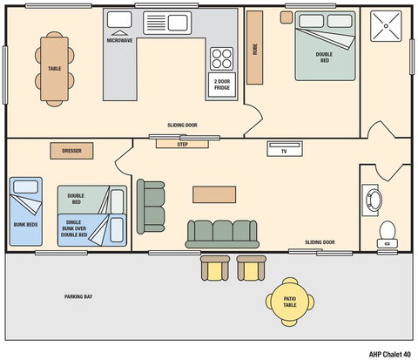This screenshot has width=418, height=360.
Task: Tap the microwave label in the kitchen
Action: pos(119,40)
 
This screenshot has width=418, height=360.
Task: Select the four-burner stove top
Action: pos(222,59)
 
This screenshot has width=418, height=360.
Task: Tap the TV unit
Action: pos(284,150)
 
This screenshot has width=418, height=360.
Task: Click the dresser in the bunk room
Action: pos(71,150)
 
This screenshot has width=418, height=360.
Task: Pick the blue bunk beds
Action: pos(25,209)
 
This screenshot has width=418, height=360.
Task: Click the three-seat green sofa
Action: pos(221,233)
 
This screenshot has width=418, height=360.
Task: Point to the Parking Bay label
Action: pos(78,297)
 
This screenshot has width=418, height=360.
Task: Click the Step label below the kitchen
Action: pos(182,144)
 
